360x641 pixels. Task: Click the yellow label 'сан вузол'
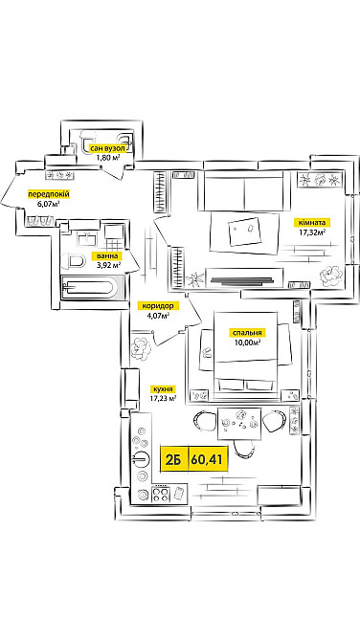[x=107, y=149]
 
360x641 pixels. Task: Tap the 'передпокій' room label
[x=49, y=194]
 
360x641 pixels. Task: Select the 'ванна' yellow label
[x=107, y=256]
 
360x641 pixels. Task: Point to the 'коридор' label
[x=158, y=306]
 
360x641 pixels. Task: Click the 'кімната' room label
[x=312, y=223]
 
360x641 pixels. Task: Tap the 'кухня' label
[x=163, y=389]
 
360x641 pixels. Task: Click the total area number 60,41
[x=207, y=459]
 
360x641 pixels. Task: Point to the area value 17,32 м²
[x=312, y=232]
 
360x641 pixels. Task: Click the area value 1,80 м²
[x=108, y=158]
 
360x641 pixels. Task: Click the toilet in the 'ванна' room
[x=74, y=261]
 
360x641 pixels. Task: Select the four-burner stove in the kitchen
[x=161, y=494]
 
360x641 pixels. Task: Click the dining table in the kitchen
[x=239, y=423]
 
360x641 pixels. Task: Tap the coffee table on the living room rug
[x=245, y=231]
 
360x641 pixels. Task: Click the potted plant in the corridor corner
[x=141, y=347]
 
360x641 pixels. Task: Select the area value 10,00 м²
[x=247, y=342]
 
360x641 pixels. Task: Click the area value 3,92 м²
[x=107, y=265]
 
